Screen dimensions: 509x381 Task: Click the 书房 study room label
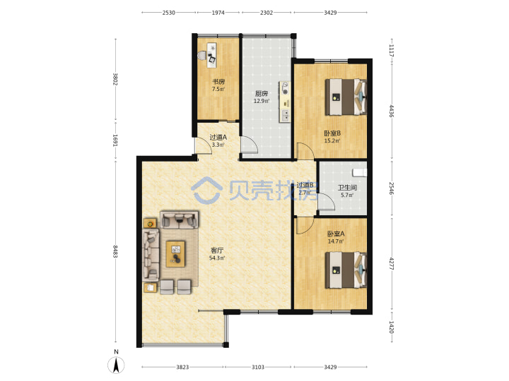[218, 82]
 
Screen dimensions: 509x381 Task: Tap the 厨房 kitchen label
[262, 94]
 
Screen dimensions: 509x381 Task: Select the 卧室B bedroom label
[332, 133]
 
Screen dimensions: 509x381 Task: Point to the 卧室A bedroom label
[336, 234]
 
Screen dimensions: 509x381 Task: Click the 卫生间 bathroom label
[347, 187]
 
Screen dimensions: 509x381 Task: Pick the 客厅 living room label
[217, 250]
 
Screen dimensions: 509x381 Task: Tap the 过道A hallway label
[218, 137]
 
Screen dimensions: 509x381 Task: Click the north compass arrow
[116, 365]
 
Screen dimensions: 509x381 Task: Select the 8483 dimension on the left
[115, 251]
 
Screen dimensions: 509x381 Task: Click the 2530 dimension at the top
[168, 13]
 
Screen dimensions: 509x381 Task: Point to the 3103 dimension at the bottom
[258, 367]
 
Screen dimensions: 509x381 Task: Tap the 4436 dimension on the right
[392, 111]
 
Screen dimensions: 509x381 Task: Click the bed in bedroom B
[346, 97]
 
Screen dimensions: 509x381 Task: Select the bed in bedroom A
[346, 270]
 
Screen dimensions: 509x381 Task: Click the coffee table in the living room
[175, 254]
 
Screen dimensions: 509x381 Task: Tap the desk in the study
[212, 55]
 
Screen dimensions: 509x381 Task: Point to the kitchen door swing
[249, 145]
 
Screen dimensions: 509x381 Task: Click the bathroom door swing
[326, 202]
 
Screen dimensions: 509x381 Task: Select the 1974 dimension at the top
[218, 13]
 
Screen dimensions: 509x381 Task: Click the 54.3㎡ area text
[217, 258]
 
